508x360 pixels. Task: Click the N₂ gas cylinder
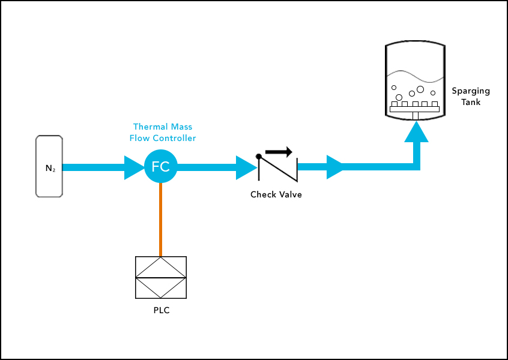pos(49,166)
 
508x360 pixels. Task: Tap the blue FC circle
pos(160,167)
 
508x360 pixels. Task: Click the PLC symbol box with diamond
pos(160,277)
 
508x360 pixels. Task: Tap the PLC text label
pos(160,310)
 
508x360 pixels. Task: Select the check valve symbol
pos(277,167)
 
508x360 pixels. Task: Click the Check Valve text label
pos(276,194)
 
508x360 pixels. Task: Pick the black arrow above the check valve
pos(279,152)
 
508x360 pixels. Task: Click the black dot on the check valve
pos(259,156)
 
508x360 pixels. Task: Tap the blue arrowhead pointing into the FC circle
pos(134,167)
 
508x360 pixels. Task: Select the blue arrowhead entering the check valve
pos(246,167)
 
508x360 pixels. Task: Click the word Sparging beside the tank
pos(471,91)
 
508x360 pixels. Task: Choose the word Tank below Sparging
pos(471,102)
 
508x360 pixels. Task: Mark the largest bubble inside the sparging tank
pos(420,89)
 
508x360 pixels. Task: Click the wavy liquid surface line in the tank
pos(414,76)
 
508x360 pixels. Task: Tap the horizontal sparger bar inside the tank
pos(415,109)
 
